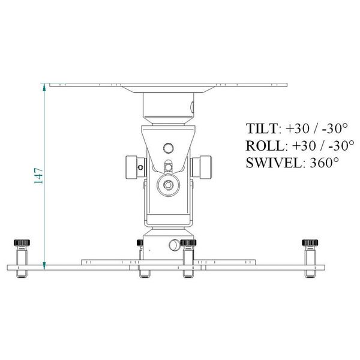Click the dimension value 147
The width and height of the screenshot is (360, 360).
point(38,175)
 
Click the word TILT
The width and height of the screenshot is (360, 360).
point(262,129)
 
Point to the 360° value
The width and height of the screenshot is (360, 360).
point(324,162)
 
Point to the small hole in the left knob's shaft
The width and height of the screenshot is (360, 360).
point(140,167)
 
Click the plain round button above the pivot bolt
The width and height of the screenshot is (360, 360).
point(169,147)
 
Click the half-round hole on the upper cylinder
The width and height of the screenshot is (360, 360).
point(192,107)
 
